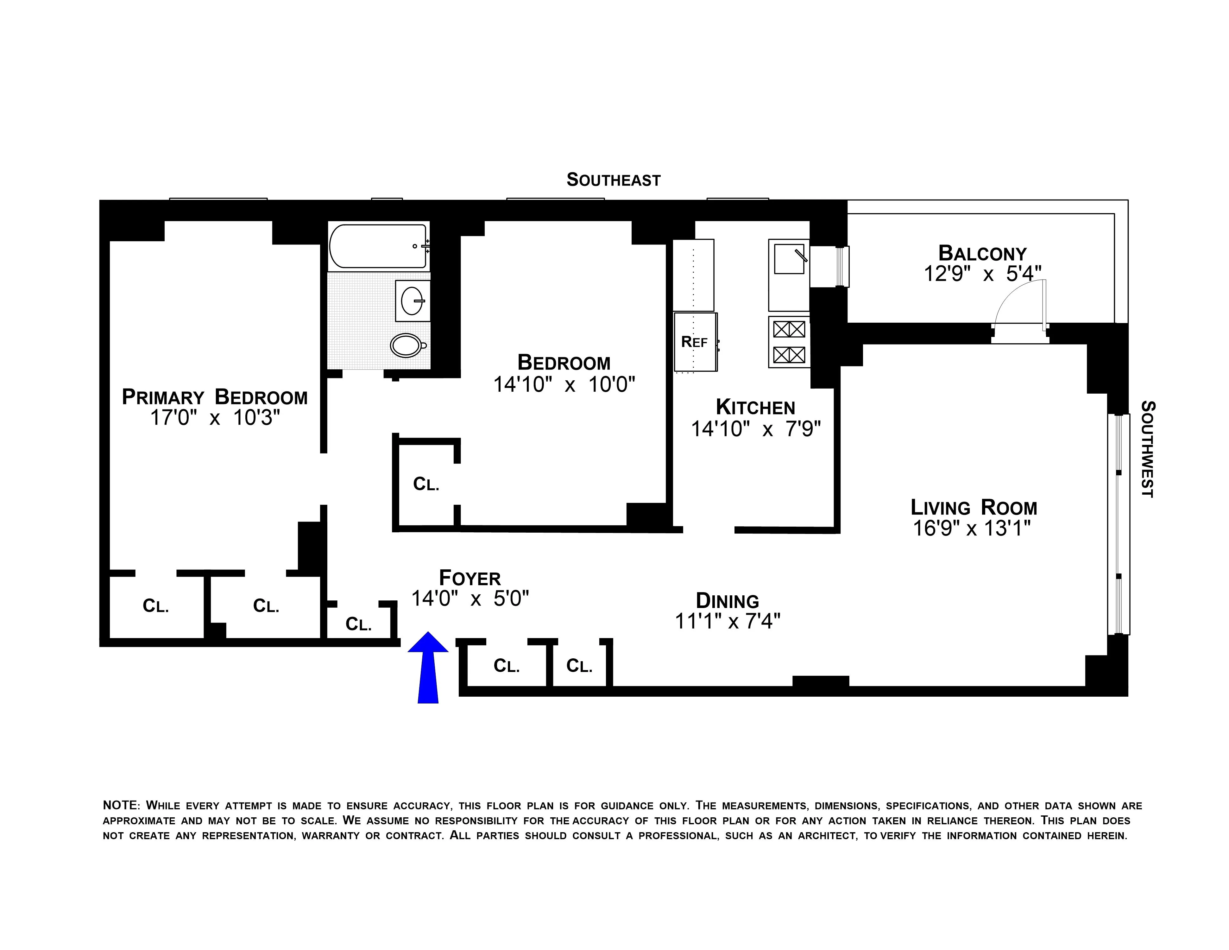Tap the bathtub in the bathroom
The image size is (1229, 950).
(378, 246)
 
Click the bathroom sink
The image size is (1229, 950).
(413, 301)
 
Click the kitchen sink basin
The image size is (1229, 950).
(789, 259)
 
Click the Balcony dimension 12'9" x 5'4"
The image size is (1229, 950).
(982, 274)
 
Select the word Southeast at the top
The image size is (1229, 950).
(613, 180)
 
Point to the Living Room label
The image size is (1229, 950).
(974, 508)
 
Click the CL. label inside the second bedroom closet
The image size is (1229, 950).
(426, 484)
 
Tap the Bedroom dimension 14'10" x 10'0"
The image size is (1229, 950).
(564, 385)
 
